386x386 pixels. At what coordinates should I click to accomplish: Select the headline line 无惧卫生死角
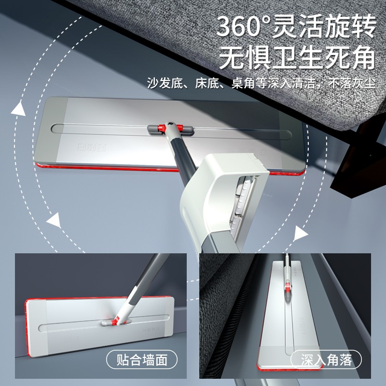296,57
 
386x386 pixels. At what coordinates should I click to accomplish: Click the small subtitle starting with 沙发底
261,83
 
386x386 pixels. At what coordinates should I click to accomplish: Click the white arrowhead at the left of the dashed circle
54,221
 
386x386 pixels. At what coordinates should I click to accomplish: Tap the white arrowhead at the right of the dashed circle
301,234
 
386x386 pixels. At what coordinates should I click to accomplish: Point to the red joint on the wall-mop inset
115,320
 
